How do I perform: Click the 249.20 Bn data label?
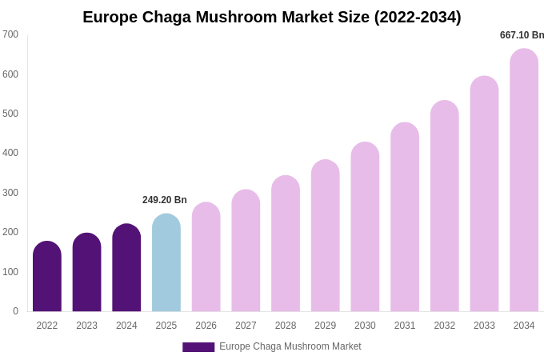pyautogui.click(x=165, y=200)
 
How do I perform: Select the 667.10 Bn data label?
pyautogui.click(x=522, y=35)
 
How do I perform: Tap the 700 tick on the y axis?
pyautogui.click(x=10, y=34)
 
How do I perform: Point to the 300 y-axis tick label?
pyautogui.click(x=10, y=193)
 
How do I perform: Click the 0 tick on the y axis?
pyautogui.click(x=15, y=311)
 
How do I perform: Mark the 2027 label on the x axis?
pyautogui.click(x=246, y=326)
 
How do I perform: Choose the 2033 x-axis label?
pyautogui.click(x=484, y=326)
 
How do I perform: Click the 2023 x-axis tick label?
pyautogui.click(x=86, y=326)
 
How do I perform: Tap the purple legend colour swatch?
pyautogui.click(x=198, y=347)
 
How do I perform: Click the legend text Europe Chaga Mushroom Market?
pyautogui.click(x=290, y=346)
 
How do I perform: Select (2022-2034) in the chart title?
pyautogui.click(x=418, y=17)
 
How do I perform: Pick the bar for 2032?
pyautogui.click(x=445, y=206)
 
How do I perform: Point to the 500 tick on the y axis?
pyautogui.click(x=10, y=114)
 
